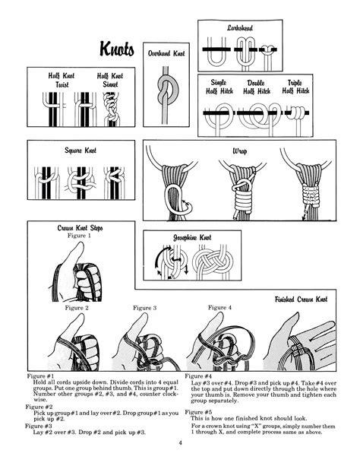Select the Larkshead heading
pyautogui.click(x=239, y=27)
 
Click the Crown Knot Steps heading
pyautogui.click(x=80, y=227)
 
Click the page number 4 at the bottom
pyautogui.click(x=180, y=443)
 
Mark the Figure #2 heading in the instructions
pyautogui.click(x=40, y=407)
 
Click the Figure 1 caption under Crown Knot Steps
pyautogui.click(x=80, y=236)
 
